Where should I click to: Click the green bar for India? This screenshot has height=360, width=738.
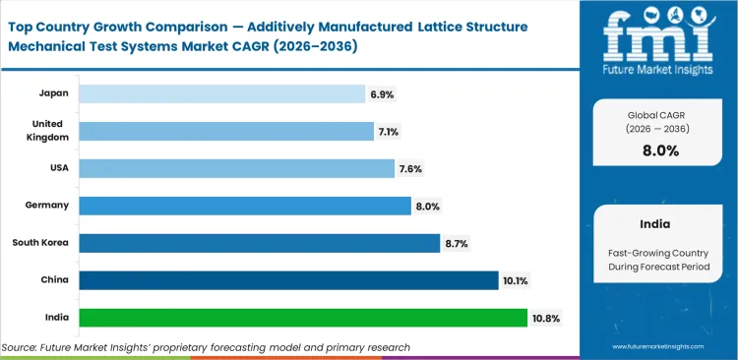(x=302, y=318)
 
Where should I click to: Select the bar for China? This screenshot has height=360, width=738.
(x=288, y=280)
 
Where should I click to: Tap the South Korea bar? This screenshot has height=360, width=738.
(x=259, y=243)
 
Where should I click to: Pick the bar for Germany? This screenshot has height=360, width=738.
(x=244, y=206)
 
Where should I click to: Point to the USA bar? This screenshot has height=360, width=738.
(x=236, y=168)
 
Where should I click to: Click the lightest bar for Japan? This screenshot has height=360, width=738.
(x=222, y=93)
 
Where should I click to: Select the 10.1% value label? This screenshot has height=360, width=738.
(x=517, y=280)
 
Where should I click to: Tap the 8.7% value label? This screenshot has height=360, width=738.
(x=457, y=243)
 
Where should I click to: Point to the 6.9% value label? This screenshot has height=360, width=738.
(x=382, y=93)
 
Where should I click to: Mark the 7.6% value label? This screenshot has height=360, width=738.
(x=411, y=168)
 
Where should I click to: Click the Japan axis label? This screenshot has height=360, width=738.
(x=54, y=93)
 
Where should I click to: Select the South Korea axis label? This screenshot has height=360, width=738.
(x=40, y=243)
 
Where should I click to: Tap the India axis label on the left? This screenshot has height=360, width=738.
(x=56, y=318)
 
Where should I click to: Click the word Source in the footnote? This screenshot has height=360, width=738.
(x=22, y=347)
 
